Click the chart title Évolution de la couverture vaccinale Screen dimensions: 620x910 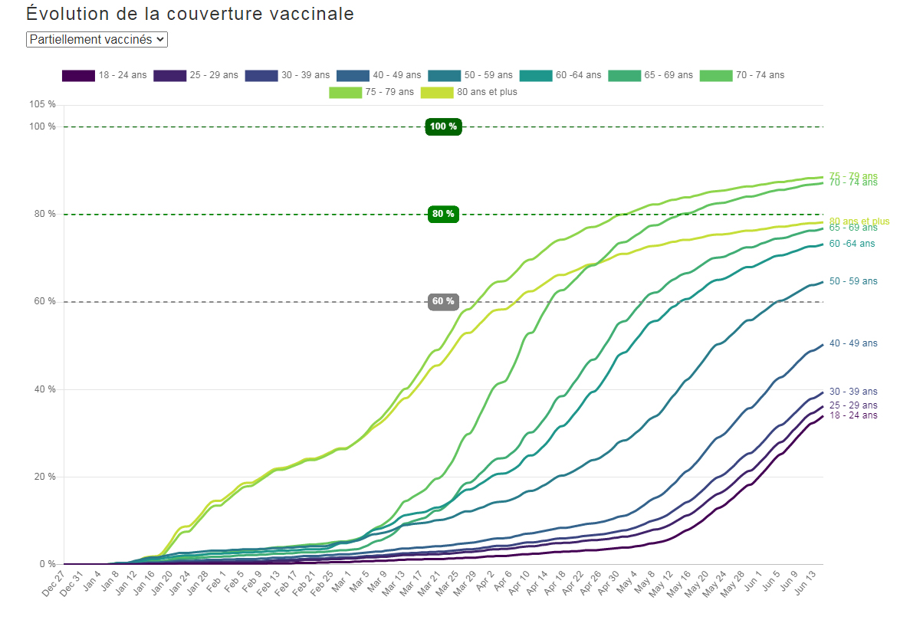point(190,14)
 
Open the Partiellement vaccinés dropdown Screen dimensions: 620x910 point(97,39)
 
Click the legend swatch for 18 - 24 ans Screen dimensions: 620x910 point(78,75)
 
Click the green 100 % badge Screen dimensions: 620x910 point(443,126)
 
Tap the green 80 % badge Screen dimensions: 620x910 point(443,214)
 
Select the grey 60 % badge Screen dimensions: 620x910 point(443,301)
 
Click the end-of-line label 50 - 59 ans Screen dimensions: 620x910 point(853,282)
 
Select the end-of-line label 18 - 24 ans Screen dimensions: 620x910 point(853,415)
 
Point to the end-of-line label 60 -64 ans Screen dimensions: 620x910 point(852,244)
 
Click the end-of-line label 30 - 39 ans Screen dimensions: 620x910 point(853,392)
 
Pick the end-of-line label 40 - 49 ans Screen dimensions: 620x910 point(853,343)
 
